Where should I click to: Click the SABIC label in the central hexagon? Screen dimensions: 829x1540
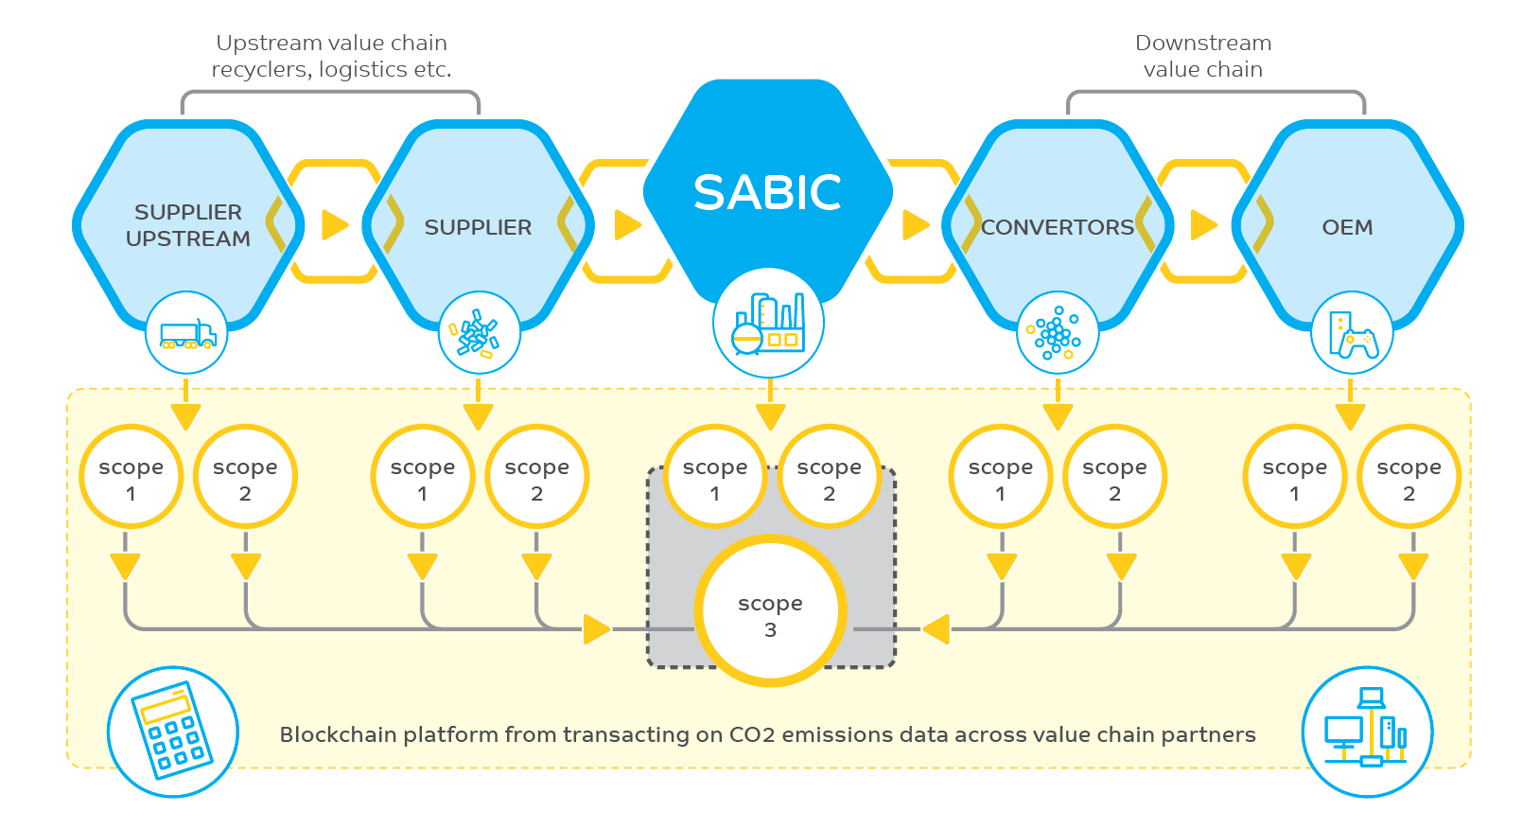point(767,193)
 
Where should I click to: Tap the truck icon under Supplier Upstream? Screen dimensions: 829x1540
point(186,333)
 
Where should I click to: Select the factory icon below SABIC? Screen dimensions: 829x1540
point(768,324)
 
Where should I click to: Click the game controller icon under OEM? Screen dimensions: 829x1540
point(1352,333)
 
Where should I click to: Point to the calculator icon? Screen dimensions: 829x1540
point(172,732)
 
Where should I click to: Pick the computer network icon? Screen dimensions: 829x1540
point(1367,732)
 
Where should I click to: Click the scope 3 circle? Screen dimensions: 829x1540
point(770,615)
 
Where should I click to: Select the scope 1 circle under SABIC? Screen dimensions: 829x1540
point(715,479)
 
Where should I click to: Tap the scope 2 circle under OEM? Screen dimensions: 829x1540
point(1409,479)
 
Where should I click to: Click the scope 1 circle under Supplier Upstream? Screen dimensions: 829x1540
point(131,479)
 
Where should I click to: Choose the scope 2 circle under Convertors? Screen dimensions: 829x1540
point(1114,479)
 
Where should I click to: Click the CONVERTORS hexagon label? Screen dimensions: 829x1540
point(1057,227)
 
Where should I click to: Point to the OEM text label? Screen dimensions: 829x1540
point(1347,227)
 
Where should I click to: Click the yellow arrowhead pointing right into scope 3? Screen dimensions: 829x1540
point(596,628)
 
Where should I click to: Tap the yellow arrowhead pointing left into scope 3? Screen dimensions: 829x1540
point(936,628)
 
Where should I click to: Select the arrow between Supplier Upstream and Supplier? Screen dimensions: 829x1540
point(335,225)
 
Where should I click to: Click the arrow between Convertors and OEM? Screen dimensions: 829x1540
point(1203,225)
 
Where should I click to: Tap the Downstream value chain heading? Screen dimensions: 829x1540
point(1202,56)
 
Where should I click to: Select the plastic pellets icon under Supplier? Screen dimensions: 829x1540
point(479,333)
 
